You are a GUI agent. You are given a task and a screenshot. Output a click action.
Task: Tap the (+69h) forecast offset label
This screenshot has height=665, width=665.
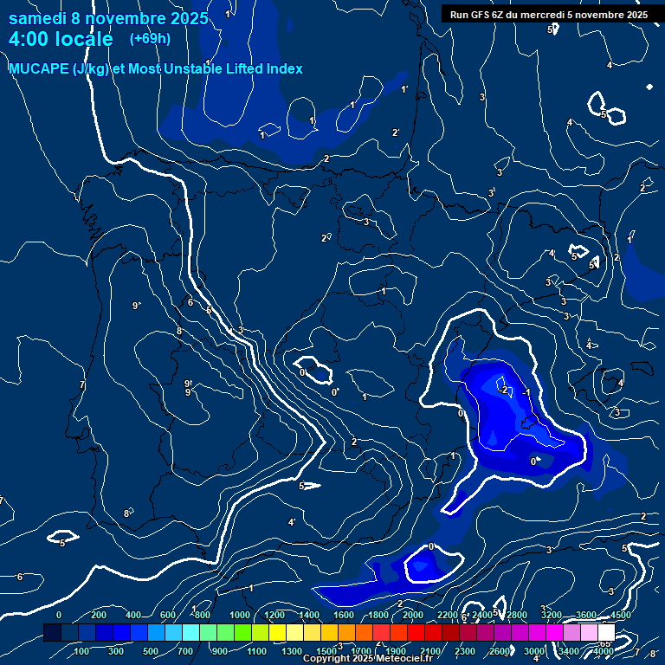pos(150,39)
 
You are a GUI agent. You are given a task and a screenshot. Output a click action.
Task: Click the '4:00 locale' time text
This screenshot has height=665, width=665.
pos(60,39)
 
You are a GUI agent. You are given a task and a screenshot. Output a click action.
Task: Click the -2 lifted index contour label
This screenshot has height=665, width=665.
pos(502,390)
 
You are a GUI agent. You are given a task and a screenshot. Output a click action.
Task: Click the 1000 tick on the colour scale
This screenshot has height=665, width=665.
pos(239,616)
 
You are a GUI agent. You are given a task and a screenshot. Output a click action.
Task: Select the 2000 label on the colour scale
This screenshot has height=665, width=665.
pos(413,616)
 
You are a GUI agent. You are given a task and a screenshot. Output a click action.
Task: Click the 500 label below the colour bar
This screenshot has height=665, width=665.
pos(151,651)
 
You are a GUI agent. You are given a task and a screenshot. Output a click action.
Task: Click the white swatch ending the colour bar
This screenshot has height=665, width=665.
pos(606,633)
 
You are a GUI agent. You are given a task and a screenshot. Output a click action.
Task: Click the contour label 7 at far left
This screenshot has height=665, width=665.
pos(82,384)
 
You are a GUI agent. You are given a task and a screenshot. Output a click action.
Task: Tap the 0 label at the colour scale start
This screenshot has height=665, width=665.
pos(59,616)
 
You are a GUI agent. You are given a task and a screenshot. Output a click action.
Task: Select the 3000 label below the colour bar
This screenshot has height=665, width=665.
pos(534,651)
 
